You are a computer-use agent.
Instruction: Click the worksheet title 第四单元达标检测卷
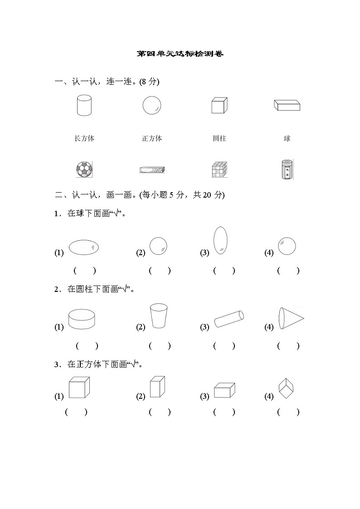(180, 54)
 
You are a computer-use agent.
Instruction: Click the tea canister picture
(287, 170)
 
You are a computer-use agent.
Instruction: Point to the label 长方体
(84, 138)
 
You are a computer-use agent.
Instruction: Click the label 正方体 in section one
(152, 138)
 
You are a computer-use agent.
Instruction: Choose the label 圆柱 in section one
(219, 138)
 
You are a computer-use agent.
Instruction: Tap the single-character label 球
(287, 138)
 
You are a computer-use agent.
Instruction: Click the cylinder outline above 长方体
(84, 106)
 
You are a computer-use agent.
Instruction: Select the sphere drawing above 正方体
(152, 106)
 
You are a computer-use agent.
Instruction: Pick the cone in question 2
(291, 319)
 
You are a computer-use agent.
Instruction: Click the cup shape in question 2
(158, 315)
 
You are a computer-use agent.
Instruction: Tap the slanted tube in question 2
(229, 319)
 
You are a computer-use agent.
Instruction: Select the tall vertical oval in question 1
(220, 240)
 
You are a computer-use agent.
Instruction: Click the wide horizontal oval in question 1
(84, 247)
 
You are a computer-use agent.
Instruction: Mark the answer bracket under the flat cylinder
(87, 346)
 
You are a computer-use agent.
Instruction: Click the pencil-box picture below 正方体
(153, 170)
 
